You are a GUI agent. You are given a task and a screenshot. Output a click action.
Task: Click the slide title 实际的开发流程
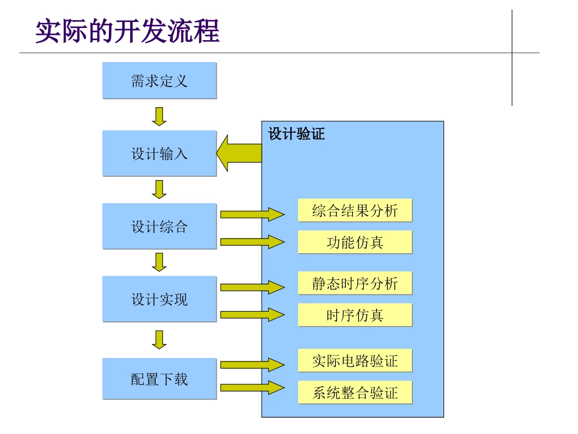click(127, 31)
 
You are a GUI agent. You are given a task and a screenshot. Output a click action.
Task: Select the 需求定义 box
click(159, 80)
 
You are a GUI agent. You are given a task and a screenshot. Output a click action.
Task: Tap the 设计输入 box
click(159, 153)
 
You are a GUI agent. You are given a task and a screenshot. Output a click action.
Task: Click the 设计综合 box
click(159, 227)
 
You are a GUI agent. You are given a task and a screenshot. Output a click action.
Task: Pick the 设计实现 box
click(159, 299)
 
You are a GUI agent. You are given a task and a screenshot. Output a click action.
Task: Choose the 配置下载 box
click(159, 379)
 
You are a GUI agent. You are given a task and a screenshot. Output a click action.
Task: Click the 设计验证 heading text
click(296, 134)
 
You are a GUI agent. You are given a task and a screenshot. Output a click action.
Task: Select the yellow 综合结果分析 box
click(355, 211)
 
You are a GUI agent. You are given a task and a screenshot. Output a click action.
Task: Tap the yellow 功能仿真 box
click(355, 242)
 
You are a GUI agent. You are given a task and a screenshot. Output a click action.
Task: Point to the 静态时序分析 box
click(355, 283)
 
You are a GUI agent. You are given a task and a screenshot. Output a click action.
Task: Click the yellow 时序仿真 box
click(355, 315)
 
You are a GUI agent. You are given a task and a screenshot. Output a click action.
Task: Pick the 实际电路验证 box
click(355, 360)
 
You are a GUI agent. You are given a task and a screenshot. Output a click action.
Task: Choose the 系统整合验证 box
click(355, 393)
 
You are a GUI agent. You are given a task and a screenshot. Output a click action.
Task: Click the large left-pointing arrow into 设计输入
click(239, 153)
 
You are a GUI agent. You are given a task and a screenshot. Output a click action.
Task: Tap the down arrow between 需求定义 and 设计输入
click(159, 116)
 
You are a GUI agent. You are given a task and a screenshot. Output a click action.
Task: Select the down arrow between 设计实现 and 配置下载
click(159, 340)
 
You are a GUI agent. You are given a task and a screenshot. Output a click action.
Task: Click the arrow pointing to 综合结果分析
click(252, 214)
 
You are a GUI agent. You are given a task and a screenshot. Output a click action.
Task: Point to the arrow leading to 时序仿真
click(252, 315)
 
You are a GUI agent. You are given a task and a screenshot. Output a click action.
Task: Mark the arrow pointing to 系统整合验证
click(252, 387)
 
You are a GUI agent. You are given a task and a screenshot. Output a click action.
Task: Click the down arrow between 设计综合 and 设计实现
click(159, 262)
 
